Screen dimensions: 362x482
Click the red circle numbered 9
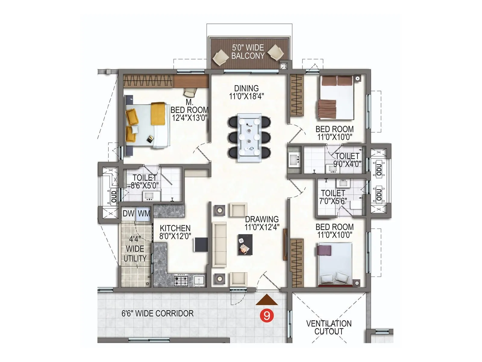[x=267, y=316]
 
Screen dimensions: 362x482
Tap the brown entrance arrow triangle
[x=267, y=301]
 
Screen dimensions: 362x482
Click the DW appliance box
[x=128, y=214]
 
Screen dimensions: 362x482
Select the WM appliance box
[x=144, y=214]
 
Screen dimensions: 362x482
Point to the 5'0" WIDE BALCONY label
[x=248, y=52]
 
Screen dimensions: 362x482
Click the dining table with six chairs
[x=249, y=137]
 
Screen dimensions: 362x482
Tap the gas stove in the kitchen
[x=181, y=281]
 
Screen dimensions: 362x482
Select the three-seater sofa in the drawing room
[x=219, y=245]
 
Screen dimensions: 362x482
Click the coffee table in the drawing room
[x=245, y=244]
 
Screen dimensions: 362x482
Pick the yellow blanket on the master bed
[x=158, y=114]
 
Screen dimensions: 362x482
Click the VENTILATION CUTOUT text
[x=329, y=327]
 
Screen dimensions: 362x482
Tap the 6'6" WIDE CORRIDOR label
[x=157, y=313]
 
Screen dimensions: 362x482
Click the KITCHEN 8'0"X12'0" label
[x=175, y=232]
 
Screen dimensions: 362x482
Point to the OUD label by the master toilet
[x=114, y=196]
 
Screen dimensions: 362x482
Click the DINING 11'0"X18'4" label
[x=246, y=92]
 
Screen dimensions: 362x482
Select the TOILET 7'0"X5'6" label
[x=333, y=197]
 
